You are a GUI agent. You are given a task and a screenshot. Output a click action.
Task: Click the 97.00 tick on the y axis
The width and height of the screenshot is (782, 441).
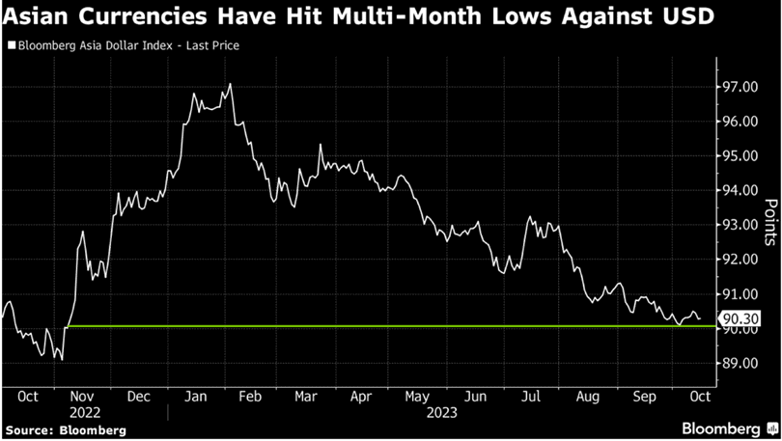point(739,87)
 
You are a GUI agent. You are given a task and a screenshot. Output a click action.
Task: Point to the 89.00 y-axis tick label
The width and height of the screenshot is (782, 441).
point(739,363)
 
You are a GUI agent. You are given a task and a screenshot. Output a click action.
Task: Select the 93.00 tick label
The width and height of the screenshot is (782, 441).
point(739,225)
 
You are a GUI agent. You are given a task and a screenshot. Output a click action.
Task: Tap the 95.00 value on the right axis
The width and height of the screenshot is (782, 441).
point(739,156)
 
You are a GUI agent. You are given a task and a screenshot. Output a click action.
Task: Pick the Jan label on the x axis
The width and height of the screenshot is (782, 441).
point(195,397)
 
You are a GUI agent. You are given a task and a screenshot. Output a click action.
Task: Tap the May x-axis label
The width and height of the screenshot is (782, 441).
point(418,397)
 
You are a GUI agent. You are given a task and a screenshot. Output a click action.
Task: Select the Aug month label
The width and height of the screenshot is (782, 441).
point(586,397)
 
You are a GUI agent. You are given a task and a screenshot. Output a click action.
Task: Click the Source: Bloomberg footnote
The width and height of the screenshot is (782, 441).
point(64,429)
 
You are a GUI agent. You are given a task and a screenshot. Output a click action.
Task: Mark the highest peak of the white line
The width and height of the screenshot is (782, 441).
point(230,84)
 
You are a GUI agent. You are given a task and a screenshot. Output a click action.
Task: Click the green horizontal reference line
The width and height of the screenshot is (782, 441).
point(386,326)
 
